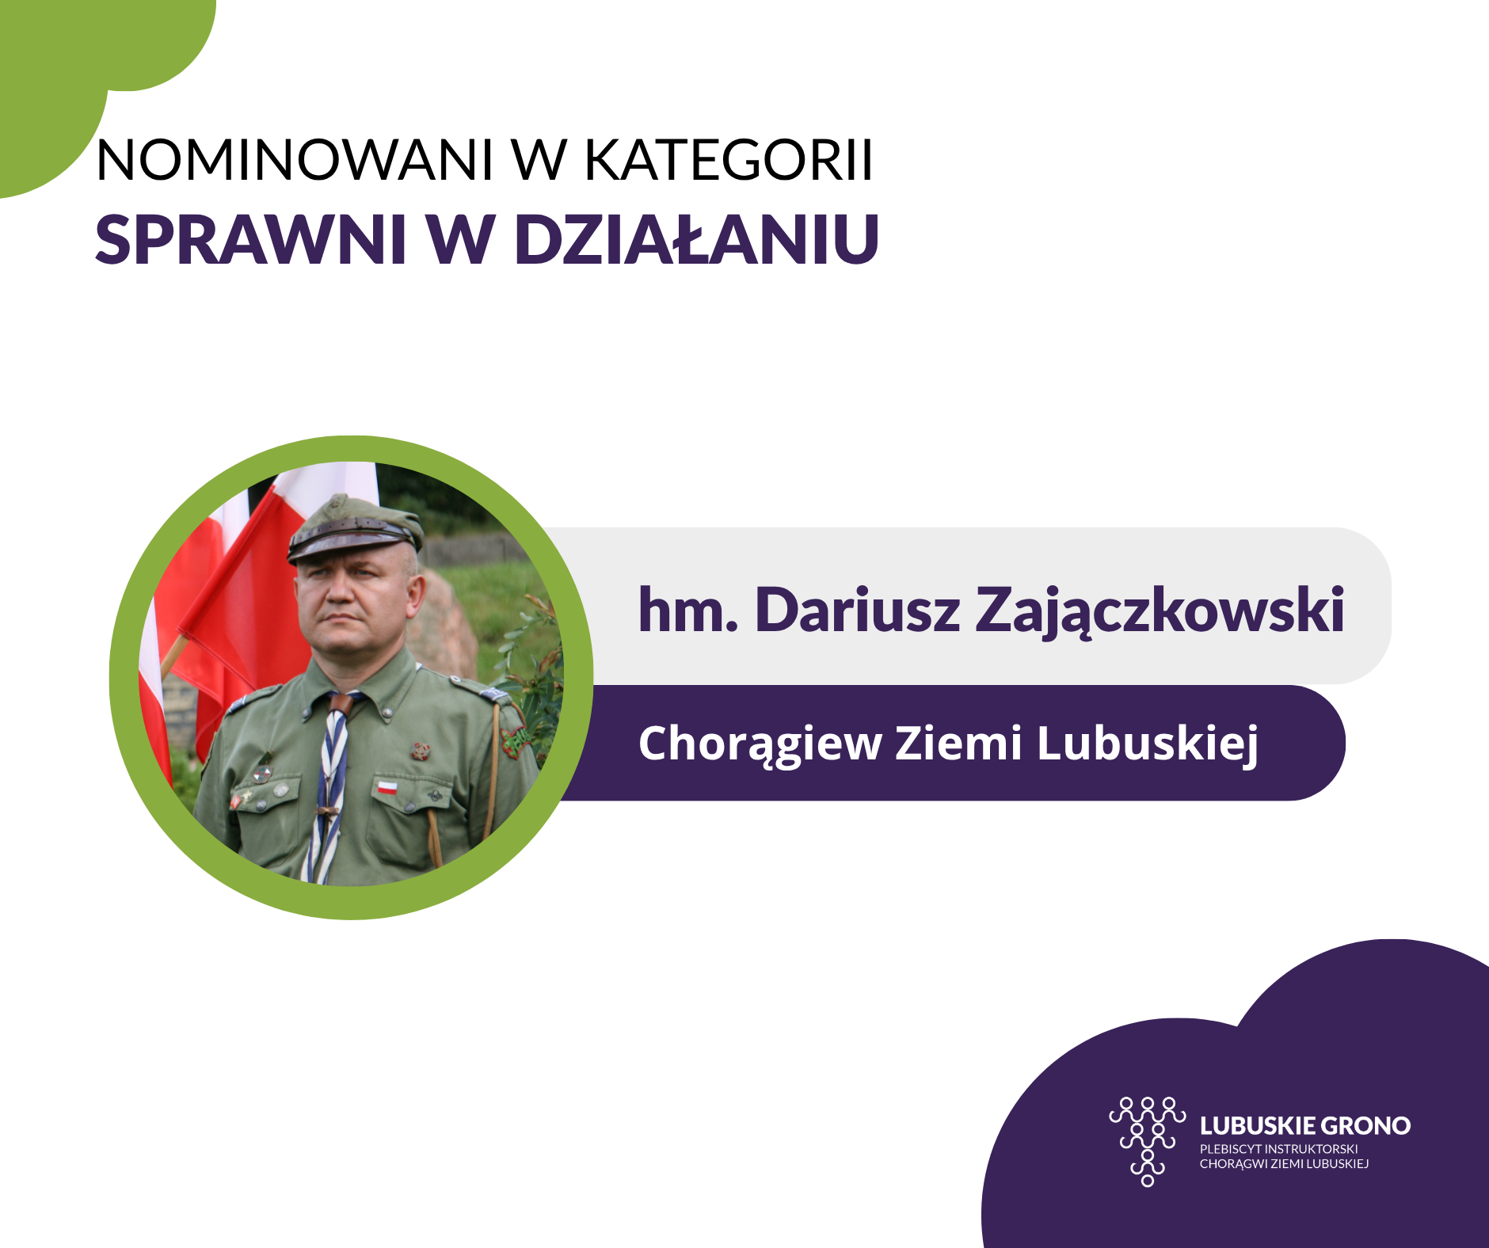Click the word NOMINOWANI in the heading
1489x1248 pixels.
295,160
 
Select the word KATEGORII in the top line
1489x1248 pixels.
729,160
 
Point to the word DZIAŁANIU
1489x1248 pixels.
697,239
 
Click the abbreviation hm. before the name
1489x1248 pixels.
687,611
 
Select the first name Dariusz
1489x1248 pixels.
857,611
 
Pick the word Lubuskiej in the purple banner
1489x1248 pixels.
1148,745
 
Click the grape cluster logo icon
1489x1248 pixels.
1148,1141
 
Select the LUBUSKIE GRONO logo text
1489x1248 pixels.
1305,1125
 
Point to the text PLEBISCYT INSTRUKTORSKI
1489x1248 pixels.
1278,1149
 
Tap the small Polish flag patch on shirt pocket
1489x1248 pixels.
387,787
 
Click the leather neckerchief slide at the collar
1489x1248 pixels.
341,703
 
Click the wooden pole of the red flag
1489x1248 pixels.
173,656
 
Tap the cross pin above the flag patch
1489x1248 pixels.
419,750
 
